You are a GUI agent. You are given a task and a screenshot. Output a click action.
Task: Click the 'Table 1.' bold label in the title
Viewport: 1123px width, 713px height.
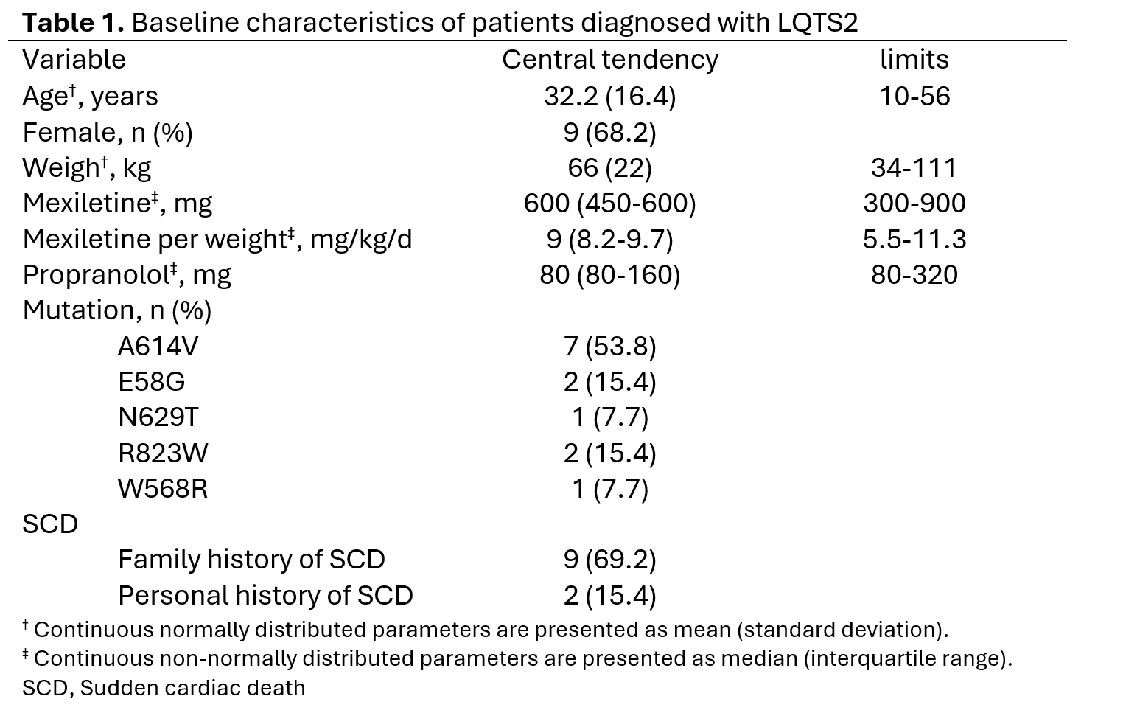(x=73, y=23)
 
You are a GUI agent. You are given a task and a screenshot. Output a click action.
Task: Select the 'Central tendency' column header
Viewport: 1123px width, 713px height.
(x=610, y=60)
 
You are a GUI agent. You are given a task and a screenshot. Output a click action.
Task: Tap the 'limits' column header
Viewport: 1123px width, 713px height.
(x=914, y=59)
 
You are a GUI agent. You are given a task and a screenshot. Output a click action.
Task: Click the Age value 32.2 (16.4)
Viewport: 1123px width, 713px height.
(x=610, y=97)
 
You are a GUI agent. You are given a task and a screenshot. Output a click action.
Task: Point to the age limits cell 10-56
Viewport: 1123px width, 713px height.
(x=914, y=96)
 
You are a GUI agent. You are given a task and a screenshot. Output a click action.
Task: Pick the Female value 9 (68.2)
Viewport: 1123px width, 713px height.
(x=610, y=133)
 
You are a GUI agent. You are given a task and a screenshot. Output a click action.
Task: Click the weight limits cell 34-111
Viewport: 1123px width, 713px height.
(x=914, y=167)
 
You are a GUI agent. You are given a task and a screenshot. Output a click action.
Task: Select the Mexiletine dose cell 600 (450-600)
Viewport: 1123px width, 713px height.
(x=610, y=204)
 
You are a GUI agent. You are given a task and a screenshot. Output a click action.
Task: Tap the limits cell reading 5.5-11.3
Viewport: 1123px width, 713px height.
(x=914, y=239)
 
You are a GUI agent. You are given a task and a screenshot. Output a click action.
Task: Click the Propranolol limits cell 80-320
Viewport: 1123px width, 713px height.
(x=914, y=274)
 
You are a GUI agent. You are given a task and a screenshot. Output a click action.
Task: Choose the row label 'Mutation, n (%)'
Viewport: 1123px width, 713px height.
(x=117, y=310)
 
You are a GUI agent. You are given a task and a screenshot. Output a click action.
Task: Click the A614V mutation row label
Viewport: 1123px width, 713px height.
(x=158, y=347)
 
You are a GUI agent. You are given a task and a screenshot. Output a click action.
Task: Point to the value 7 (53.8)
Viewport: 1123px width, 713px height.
(x=610, y=347)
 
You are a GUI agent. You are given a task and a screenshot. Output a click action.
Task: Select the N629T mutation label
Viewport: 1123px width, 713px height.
(x=158, y=417)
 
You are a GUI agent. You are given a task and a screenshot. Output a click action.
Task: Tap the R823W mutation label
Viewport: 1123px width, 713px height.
(x=163, y=453)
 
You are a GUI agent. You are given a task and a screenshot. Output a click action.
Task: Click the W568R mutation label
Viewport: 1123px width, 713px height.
(x=162, y=489)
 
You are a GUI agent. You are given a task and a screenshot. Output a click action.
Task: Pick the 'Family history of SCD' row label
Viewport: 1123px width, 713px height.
(x=252, y=560)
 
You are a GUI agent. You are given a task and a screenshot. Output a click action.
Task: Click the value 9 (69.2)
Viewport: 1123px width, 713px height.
(x=610, y=560)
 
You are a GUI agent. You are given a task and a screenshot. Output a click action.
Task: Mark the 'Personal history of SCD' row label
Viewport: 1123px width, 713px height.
(x=266, y=596)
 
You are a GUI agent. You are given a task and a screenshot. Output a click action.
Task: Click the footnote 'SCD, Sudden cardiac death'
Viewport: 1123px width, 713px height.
(x=164, y=688)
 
